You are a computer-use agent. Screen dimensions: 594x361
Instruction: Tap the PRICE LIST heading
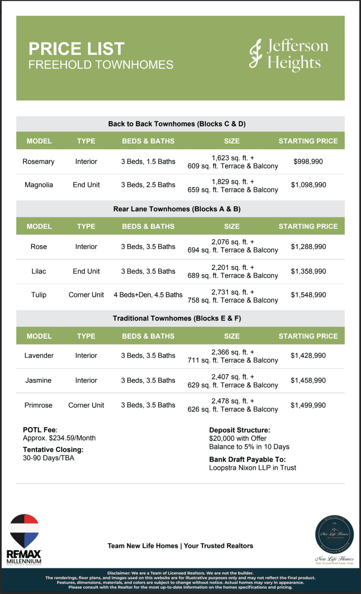coord(76,49)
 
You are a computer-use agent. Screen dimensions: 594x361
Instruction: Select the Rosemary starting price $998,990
coord(308,161)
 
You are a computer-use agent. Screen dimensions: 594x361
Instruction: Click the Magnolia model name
coord(39,185)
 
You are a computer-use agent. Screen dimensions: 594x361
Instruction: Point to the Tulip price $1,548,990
coord(308,295)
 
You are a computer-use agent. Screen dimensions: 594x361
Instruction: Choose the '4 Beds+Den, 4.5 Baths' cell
coord(148,295)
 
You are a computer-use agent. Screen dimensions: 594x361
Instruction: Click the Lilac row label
coord(39,271)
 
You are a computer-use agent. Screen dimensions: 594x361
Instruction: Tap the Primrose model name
coord(39,405)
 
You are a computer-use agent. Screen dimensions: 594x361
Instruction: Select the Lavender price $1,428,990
coord(308,356)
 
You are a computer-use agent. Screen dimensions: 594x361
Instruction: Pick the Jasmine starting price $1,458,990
coord(308,381)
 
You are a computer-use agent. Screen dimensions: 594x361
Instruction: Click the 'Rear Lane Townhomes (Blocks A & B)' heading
coord(177,209)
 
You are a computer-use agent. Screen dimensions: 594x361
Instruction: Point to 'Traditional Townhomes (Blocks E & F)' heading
coord(177,319)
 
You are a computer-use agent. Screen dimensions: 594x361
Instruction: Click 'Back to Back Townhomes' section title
coord(177,124)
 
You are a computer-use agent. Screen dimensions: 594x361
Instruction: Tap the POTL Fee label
coord(40,430)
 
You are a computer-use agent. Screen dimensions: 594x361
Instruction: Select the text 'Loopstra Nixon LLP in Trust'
coord(252,468)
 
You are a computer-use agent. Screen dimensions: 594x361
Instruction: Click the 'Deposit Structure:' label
coord(239,430)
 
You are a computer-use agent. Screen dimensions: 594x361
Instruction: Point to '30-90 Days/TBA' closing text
coord(49,458)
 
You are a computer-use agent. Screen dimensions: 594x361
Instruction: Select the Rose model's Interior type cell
coord(86,247)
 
